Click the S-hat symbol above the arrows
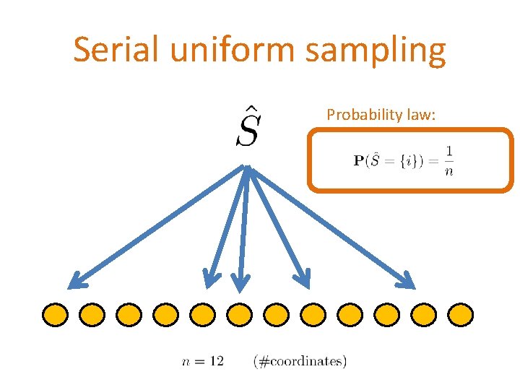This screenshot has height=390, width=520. [x=247, y=127]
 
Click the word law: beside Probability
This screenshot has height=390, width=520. [x=420, y=114]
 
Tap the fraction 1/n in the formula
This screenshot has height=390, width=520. [x=448, y=160]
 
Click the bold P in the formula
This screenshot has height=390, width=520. [x=357, y=160]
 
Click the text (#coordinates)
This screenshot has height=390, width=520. [x=300, y=360]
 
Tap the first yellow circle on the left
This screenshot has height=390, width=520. [x=55, y=314]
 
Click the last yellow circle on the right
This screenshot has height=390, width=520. [x=460, y=314]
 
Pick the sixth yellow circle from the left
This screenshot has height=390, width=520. [x=239, y=314]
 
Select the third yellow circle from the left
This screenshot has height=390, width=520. [x=129, y=314]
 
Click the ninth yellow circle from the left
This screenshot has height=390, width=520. [x=350, y=314]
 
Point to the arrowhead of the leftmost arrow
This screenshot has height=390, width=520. [x=75, y=282]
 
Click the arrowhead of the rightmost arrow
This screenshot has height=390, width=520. [x=410, y=282]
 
